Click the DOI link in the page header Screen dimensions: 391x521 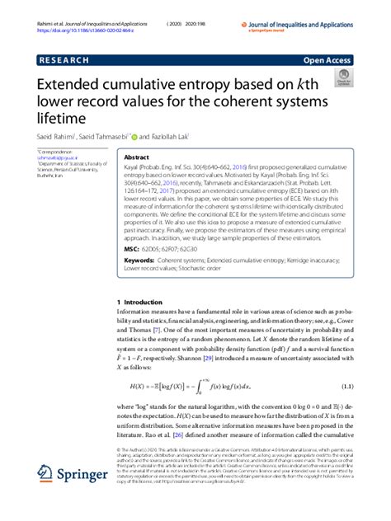pos(74,16)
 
